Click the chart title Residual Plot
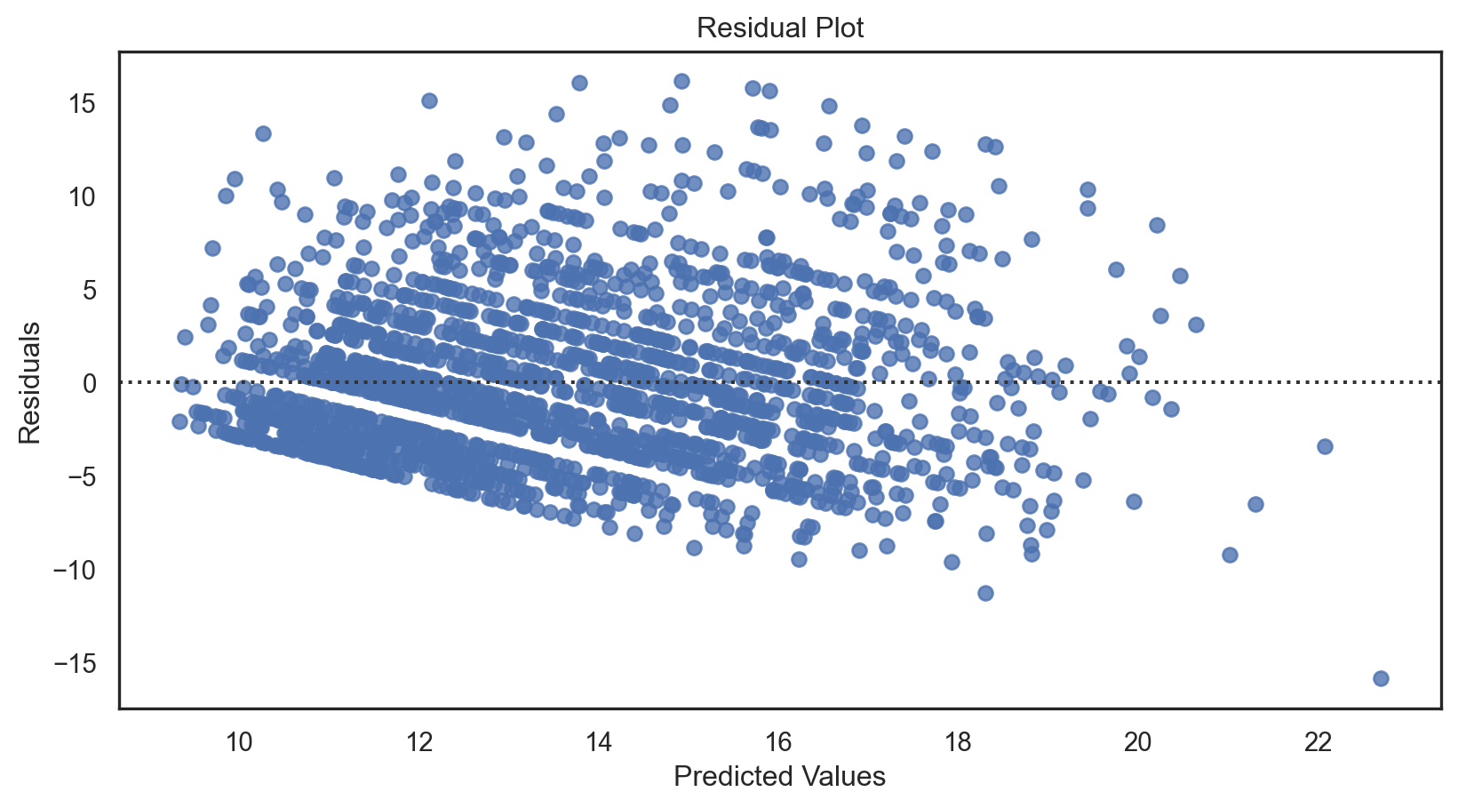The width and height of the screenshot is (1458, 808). pyautogui.click(x=779, y=28)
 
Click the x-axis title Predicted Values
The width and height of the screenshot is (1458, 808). pyautogui.click(x=779, y=776)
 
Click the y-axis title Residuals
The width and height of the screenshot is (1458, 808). pyautogui.click(x=30, y=382)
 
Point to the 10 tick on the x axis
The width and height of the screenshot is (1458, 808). pyautogui.click(x=240, y=741)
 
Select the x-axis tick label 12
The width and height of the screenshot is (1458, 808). pyautogui.click(x=419, y=741)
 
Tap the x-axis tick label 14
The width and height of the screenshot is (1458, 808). pyautogui.click(x=599, y=741)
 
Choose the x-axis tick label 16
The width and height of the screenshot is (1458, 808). pyautogui.click(x=778, y=741)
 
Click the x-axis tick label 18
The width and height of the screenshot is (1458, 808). pyautogui.click(x=958, y=741)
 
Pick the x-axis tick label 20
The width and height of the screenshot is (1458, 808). pyautogui.click(x=1137, y=741)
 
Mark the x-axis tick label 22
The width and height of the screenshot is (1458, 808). pyautogui.click(x=1318, y=741)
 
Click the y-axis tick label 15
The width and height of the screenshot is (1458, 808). pyautogui.click(x=82, y=104)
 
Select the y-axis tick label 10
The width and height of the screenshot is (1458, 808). pyautogui.click(x=82, y=196)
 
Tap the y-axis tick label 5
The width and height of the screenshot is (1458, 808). pyautogui.click(x=89, y=290)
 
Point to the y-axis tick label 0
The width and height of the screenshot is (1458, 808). pyautogui.click(x=89, y=383)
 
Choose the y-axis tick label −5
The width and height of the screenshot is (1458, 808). pyautogui.click(x=78, y=476)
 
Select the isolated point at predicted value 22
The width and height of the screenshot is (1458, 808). pyautogui.click(x=1325, y=446)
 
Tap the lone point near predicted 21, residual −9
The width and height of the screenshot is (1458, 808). pyautogui.click(x=1230, y=555)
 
